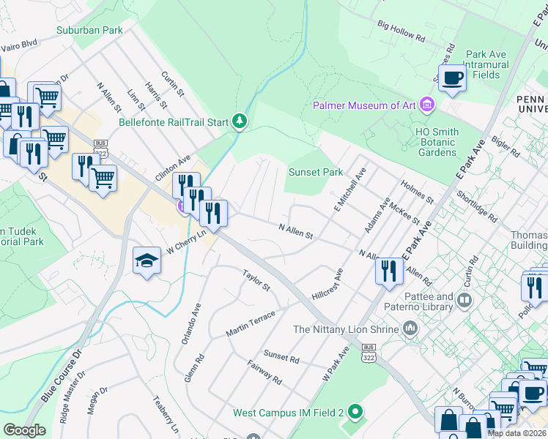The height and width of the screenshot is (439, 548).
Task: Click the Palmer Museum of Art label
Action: point(364,105)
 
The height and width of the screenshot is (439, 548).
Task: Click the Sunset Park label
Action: point(315,173)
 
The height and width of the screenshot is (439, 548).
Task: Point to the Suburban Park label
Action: point(89,31)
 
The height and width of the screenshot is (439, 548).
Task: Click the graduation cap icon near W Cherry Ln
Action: point(147,260)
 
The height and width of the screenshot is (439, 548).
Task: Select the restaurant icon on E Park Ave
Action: point(389,271)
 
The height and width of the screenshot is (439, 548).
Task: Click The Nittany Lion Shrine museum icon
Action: point(410,329)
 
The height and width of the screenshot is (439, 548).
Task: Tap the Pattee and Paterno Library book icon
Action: point(464,300)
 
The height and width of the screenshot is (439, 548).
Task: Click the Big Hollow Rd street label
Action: point(401,31)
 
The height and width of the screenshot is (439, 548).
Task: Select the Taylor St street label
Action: point(256,278)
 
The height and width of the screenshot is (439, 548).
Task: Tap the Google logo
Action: point(24,429)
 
